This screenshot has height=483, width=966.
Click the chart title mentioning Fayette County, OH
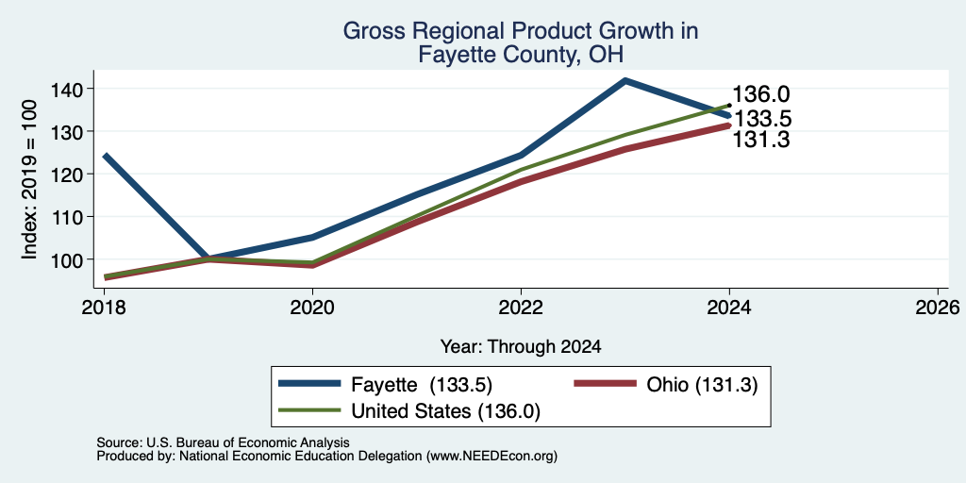coord(520,42)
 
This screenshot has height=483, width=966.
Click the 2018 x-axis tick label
coord(104,307)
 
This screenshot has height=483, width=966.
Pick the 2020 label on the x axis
coord(312,307)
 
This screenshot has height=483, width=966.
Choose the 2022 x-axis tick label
coord(521,307)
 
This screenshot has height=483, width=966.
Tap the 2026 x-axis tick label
coord(938,307)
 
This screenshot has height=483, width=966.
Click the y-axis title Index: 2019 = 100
coord(29,179)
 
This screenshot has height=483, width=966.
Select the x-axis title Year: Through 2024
coord(521,347)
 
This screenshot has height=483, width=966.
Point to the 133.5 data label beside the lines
coord(761,118)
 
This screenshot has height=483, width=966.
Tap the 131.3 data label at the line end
coord(761,141)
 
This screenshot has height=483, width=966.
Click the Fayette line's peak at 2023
coord(625,80)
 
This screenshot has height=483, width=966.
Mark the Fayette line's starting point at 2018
coord(105,156)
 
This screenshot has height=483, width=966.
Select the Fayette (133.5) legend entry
coord(385,385)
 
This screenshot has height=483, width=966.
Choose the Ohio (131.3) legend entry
coord(665,385)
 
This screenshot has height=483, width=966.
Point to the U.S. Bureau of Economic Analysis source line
coord(223,442)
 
